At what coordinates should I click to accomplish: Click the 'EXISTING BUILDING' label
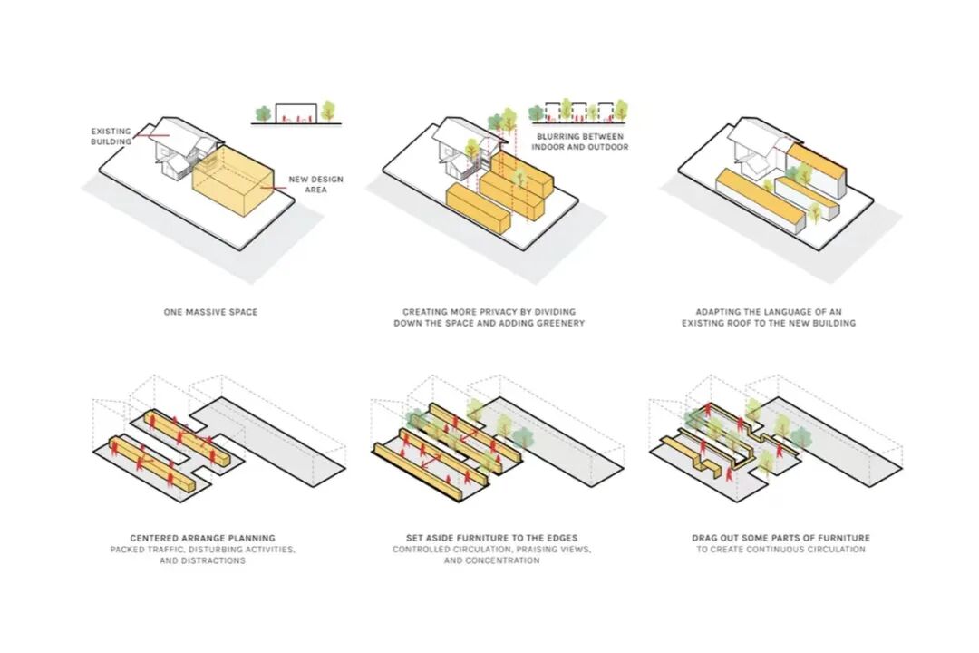pos(111,136)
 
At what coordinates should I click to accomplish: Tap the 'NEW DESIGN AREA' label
pos(315,185)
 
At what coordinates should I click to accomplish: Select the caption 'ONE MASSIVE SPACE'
pos(210,312)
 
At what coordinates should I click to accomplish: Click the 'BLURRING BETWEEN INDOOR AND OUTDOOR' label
pos(579,141)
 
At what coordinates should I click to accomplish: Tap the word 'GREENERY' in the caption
pos(558,323)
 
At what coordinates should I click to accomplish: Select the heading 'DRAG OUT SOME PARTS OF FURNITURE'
pos(780,538)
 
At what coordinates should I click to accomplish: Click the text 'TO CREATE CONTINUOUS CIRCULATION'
pos(780,550)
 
